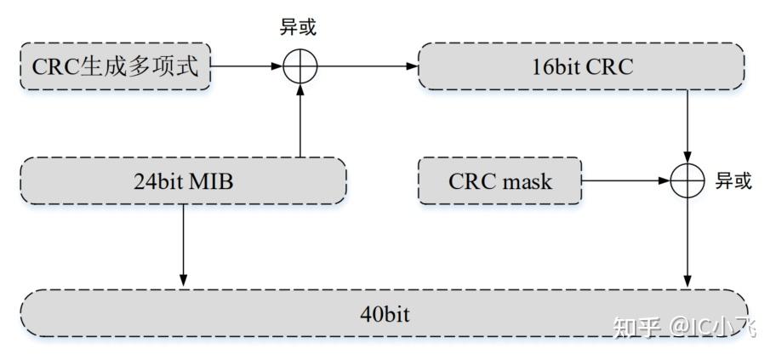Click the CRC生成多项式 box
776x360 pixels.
114,66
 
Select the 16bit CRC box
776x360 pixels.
582,66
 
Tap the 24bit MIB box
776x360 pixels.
183,180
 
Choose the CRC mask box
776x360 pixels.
499,180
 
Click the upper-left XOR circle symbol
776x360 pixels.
299,66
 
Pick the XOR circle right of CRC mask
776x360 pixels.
688,180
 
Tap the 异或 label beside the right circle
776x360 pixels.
733,180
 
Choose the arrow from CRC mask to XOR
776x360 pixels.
625,180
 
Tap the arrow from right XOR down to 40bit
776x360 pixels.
688,243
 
